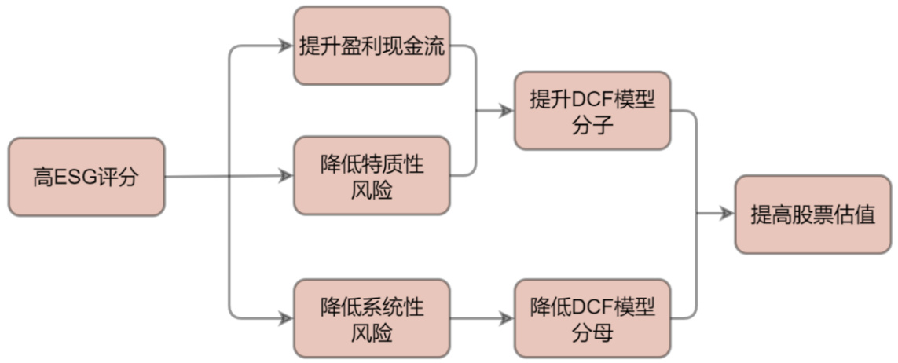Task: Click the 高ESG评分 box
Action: [x=86, y=177]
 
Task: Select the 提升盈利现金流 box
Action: [x=372, y=46]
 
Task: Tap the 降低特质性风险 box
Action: [x=372, y=175]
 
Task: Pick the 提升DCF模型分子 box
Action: [x=592, y=111]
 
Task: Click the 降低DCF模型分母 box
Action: [x=592, y=318]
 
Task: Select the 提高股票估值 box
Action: [x=812, y=214]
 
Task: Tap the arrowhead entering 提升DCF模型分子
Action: [x=508, y=112]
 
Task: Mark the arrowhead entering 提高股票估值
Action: [x=728, y=214]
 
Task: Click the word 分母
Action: [x=592, y=332]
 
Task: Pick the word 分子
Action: [x=592, y=125]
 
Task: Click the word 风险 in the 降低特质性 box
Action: [x=372, y=189]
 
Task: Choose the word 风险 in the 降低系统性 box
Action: [x=372, y=332]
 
